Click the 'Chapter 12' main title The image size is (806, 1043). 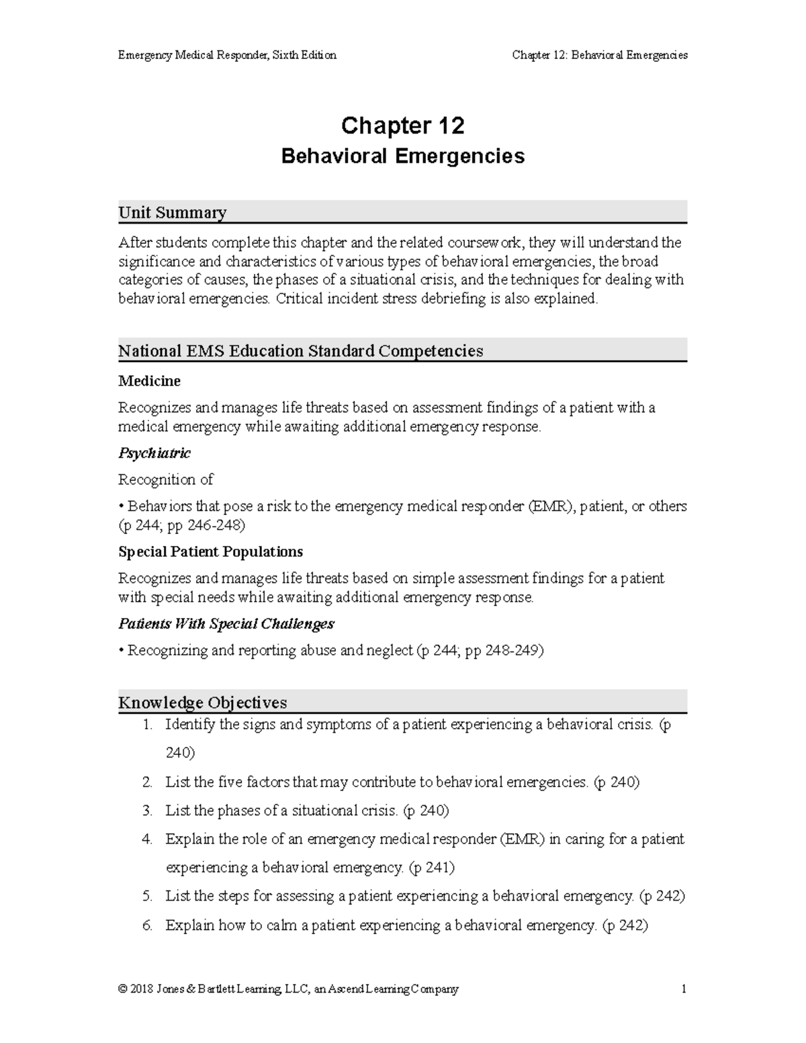click(402, 126)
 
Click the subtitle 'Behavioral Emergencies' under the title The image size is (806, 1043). click(402, 156)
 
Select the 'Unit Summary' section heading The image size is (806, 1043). click(172, 213)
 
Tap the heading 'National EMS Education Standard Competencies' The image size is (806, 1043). click(300, 351)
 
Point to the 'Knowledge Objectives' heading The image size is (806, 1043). click(202, 702)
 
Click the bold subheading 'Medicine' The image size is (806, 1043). click(149, 381)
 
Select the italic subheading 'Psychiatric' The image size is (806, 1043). click(154, 453)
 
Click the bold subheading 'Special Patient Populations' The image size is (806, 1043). click(210, 552)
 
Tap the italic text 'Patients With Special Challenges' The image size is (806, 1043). click(226, 624)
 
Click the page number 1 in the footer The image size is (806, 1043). click(683, 989)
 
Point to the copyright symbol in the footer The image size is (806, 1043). click(122, 989)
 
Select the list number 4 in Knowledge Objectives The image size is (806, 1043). click(147, 840)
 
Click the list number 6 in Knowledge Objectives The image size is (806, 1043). click(147, 925)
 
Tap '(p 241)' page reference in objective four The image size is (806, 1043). click(431, 868)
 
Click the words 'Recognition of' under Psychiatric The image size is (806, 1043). click(165, 480)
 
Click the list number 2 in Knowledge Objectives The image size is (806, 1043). click(147, 782)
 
